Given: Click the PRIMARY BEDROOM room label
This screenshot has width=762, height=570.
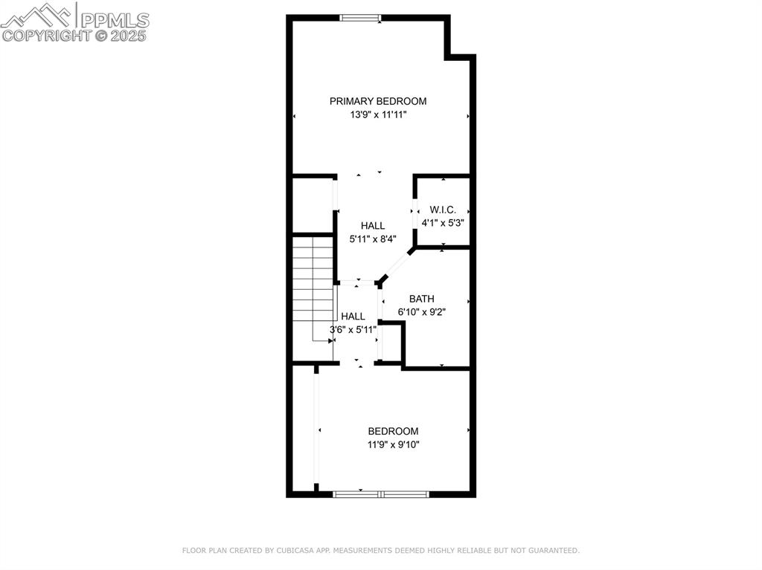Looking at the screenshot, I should tap(378, 101).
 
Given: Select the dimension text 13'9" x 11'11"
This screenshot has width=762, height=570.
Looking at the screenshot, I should tap(378, 114).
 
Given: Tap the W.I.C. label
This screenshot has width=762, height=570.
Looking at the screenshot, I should tap(443, 210).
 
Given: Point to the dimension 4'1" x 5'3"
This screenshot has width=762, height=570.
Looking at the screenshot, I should tap(443, 222).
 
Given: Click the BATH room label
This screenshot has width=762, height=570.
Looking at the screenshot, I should tap(421, 299).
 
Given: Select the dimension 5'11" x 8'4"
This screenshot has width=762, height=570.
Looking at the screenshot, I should tap(373, 239).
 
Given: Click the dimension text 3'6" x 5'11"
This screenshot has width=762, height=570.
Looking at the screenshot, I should tap(353, 328).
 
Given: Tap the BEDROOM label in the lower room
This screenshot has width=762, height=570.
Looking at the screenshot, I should tap(393, 431).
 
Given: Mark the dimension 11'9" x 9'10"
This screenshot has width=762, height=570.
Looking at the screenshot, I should tap(393, 444).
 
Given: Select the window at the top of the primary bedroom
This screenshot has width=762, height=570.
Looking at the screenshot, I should tap(361, 17).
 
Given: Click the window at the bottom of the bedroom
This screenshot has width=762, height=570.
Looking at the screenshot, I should tap(381, 493).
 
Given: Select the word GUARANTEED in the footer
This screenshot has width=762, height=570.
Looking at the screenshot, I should tap(553, 551).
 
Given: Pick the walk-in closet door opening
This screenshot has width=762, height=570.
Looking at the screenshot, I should tap(414, 211).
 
